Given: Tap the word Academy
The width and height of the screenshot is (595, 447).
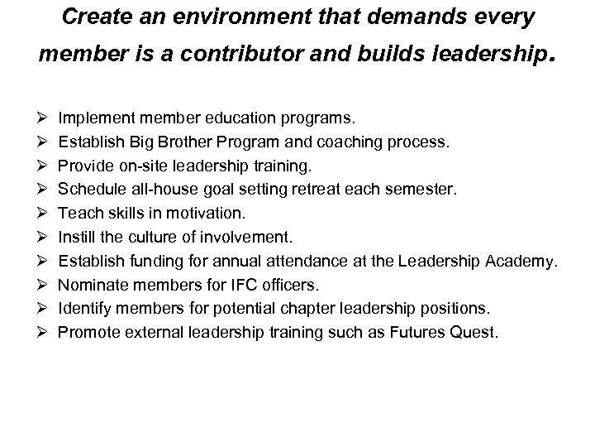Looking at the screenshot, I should pos(524,261).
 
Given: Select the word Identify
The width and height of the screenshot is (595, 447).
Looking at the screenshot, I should pos(83,309).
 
